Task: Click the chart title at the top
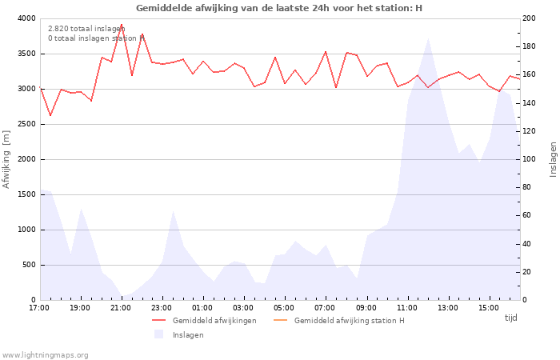[279, 8]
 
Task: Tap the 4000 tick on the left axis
[26, 18]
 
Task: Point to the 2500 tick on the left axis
[26, 124]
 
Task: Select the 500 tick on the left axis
[28, 265]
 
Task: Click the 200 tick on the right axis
[530, 18]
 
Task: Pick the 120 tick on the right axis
[530, 131]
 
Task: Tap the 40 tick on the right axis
[527, 244]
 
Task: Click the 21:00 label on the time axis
[121, 307]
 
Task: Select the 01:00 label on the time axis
[202, 307]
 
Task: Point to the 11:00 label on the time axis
[406, 307]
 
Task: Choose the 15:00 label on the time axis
[488, 307]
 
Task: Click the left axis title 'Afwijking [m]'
[7, 159]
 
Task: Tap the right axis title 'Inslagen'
[552, 159]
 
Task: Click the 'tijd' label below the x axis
[510, 318]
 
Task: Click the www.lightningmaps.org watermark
[46, 355]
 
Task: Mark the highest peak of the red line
[122, 25]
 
